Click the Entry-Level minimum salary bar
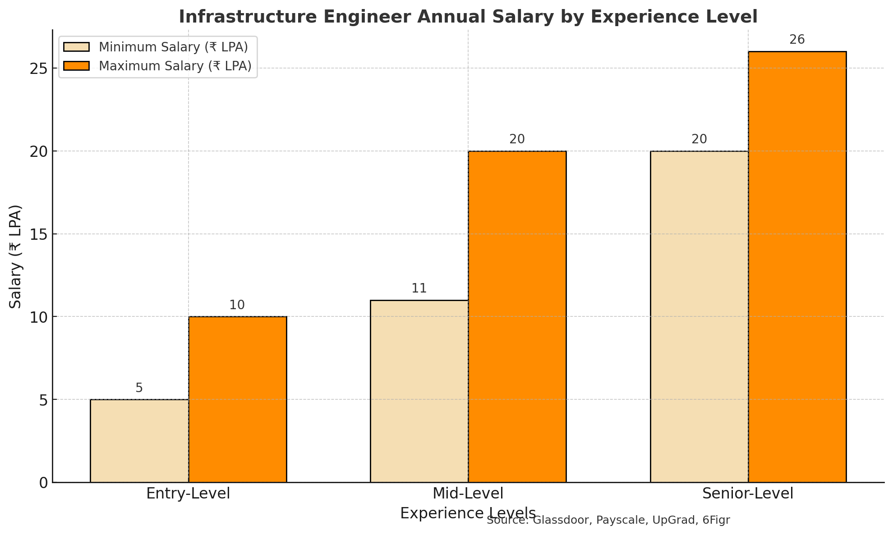point(139,441)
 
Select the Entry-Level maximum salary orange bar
point(237,399)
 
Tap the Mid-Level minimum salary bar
point(419,391)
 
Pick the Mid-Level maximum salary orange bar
point(517,316)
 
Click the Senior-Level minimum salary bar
point(699,316)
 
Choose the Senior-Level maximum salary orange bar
point(797,267)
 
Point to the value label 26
point(797,40)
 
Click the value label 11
point(419,288)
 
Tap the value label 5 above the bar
point(139,388)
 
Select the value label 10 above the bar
point(237,305)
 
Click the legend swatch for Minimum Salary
point(77,47)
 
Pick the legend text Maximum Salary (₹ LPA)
point(175,66)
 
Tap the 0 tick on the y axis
point(43,483)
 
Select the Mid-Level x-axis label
point(468,494)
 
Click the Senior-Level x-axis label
point(748,494)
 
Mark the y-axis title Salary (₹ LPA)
point(16,256)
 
